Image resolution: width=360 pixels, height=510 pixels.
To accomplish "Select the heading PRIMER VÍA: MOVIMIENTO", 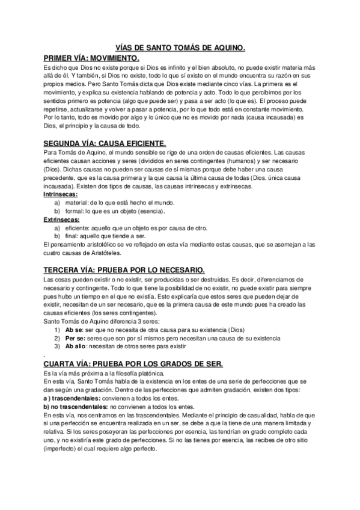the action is (x=91, y=58).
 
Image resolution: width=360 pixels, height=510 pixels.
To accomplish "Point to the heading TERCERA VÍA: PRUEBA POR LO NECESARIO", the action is (x=125, y=269).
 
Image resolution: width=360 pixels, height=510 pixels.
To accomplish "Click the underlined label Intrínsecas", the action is (x=60, y=195).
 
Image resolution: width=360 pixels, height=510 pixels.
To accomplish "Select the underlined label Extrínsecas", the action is (x=61, y=220).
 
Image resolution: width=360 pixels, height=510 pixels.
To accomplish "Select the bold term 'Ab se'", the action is (x=73, y=330).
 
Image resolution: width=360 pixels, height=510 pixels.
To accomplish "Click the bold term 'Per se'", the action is (x=75, y=339).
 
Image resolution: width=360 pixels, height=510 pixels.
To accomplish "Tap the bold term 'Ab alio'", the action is (x=76, y=347).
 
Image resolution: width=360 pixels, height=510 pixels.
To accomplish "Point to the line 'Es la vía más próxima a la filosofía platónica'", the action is (x=100, y=373).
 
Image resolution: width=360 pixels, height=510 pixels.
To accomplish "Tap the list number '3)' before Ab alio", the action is (x=57, y=347).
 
